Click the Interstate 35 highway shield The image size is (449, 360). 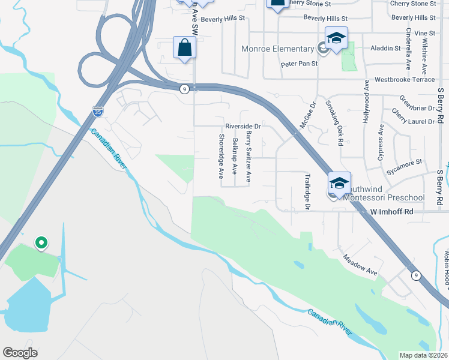pos(97,111)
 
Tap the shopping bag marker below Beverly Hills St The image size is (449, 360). pos(185,48)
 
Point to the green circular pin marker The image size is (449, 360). pos(41,242)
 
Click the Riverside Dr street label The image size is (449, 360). pos(243,127)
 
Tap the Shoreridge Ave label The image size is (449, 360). pos(221,156)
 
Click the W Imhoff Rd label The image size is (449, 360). pos(392,212)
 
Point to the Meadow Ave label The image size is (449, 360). pos(360,265)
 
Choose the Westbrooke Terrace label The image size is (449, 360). pos(404,79)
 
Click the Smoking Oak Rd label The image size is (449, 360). pos(334,122)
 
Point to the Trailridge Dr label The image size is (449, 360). pos(307,191)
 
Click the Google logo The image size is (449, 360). pos(20,353)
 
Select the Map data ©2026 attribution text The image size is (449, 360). pos(423,355)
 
